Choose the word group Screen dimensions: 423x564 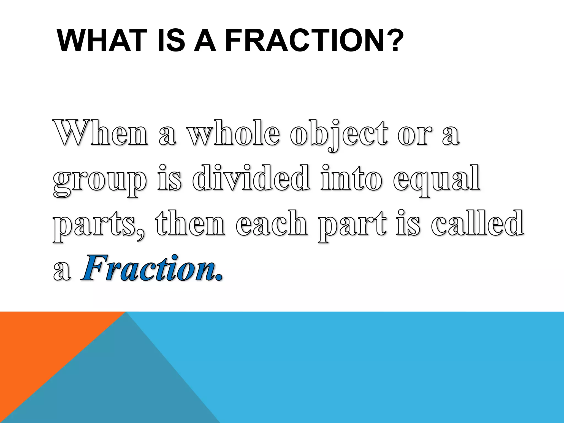[x=99, y=180]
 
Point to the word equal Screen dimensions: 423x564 [x=437, y=180]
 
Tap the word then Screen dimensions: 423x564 [x=190, y=223]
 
